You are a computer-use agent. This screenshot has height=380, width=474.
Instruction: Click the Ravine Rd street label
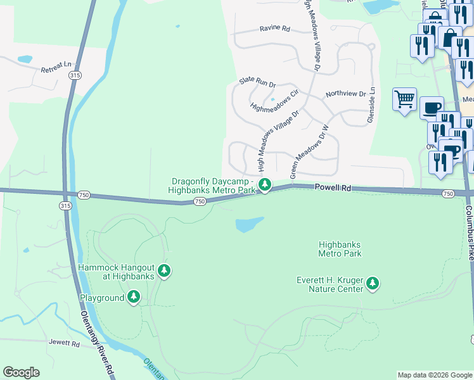click(x=274, y=28)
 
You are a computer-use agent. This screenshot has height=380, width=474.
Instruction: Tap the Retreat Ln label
click(x=56, y=65)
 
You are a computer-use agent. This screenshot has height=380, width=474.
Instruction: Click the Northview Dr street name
click(x=346, y=94)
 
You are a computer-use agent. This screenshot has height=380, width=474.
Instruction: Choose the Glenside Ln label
click(x=371, y=105)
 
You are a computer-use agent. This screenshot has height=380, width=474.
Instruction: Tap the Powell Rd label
click(x=332, y=188)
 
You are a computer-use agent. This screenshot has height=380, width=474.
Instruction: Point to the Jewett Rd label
click(x=65, y=343)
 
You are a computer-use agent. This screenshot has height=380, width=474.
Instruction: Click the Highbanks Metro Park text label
click(x=340, y=249)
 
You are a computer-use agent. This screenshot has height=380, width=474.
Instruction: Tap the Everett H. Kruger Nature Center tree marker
click(x=373, y=284)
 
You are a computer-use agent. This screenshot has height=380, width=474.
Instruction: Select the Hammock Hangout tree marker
click(x=164, y=272)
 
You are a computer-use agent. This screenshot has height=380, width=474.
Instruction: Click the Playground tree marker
click(x=133, y=296)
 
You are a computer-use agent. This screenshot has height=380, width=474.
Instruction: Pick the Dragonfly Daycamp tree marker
click(x=265, y=186)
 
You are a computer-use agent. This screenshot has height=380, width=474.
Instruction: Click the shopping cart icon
click(x=404, y=99)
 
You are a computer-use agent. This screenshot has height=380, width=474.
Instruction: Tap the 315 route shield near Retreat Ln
click(x=75, y=75)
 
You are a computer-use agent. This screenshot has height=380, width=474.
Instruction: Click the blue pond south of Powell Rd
click(x=249, y=224)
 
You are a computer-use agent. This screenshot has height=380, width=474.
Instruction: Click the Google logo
click(x=21, y=372)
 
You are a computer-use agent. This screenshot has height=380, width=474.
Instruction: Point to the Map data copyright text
click(x=434, y=375)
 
